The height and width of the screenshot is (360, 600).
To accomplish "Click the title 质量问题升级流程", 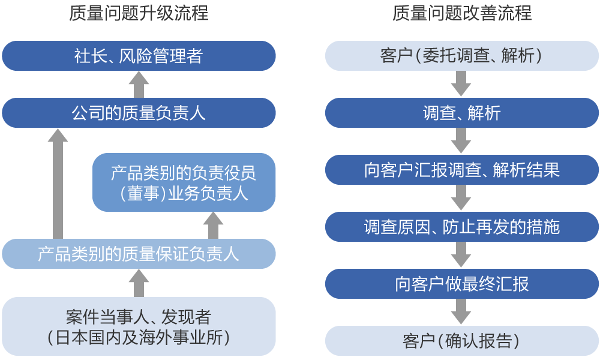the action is (x=139, y=13).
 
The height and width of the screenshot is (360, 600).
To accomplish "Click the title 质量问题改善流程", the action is (x=462, y=13).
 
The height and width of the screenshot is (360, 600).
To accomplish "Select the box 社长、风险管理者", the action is (x=139, y=56).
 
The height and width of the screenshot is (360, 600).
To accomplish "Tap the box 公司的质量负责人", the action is (x=139, y=113).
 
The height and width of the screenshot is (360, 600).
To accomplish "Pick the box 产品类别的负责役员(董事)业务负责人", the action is (x=184, y=182).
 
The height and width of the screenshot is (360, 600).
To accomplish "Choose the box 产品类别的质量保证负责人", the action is (x=139, y=254).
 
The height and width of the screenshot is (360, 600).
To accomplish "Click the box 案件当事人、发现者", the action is (x=139, y=326).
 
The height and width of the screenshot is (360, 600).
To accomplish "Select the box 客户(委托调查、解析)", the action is (x=462, y=56).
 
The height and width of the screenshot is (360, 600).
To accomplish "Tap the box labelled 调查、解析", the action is (x=462, y=113).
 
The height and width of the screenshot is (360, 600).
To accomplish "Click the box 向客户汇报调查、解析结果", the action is (x=462, y=170).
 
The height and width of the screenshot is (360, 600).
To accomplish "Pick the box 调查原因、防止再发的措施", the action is (x=462, y=227).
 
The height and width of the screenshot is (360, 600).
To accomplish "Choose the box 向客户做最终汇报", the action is (x=462, y=284).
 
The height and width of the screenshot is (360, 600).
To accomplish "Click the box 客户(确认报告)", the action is (x=462, y=341).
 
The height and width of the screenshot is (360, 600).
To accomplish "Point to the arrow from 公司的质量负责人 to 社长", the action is (x=139, y=85).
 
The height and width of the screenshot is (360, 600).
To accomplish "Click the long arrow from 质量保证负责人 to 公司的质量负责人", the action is (x=58, y=184).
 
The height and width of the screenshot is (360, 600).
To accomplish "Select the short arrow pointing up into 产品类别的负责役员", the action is (x=213, y=226).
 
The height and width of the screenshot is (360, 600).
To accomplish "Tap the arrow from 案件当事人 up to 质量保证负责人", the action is (x=139, y=283).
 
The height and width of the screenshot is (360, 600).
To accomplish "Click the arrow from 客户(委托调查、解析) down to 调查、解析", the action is (x=461, y=83).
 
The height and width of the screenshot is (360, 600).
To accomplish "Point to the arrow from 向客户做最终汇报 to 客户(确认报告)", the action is (x=461, y=311).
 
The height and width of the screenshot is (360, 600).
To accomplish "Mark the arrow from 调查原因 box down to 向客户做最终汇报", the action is (x=461, y=254).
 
